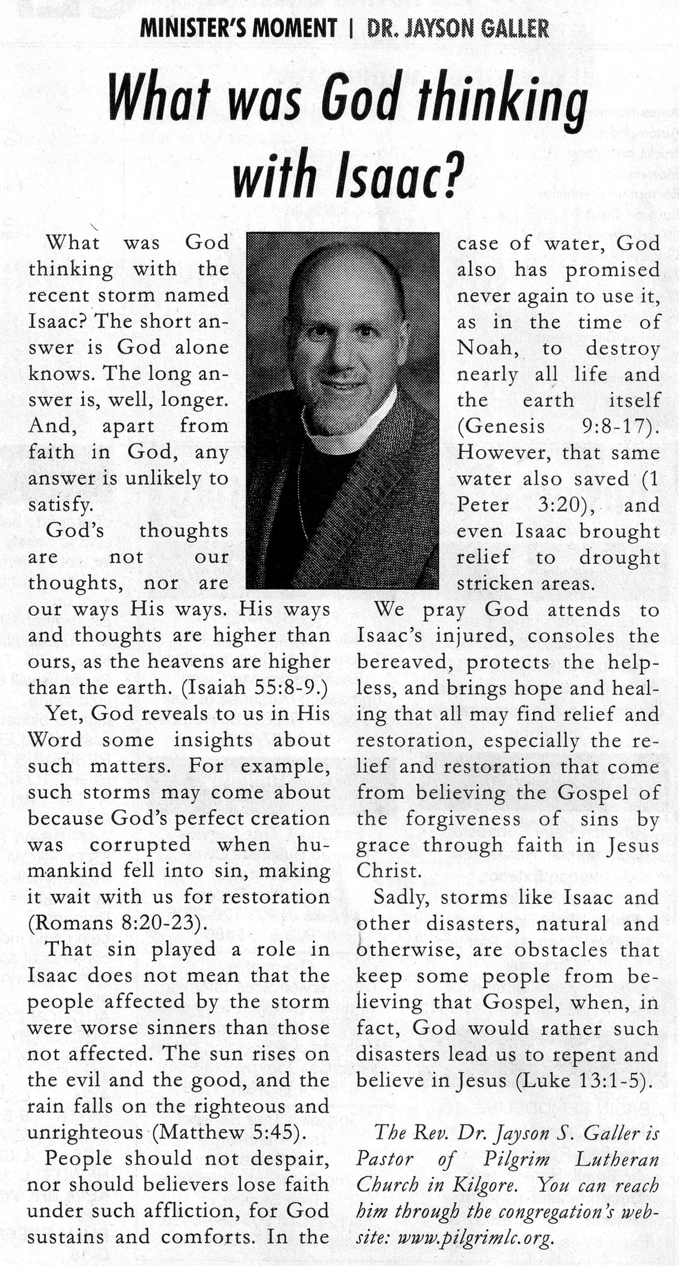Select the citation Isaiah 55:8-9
(x=254, y=688)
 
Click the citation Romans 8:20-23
(x=116, y=923)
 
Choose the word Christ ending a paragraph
(x=388, y=871)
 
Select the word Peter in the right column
(x=483, y=505)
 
